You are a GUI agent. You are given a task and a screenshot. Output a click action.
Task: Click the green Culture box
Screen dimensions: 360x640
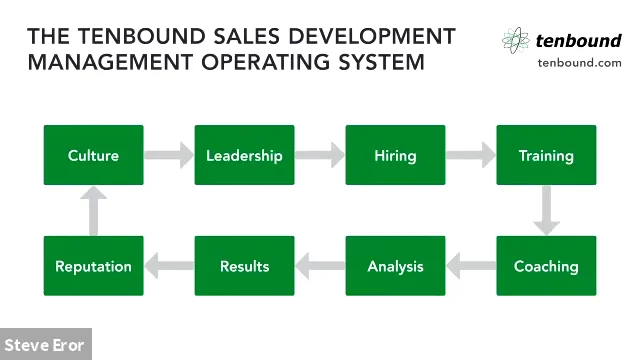[x=94, y=155]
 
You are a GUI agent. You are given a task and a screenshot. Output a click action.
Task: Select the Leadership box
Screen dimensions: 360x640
[x=244, y=155]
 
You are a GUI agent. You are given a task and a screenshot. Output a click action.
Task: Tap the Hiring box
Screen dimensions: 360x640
[x=395, y=155]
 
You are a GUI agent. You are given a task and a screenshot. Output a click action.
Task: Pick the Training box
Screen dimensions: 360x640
[x=546, y=155]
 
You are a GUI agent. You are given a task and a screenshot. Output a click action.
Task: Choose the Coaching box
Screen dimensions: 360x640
[x=546, y=266]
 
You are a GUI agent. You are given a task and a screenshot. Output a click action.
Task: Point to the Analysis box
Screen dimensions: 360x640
[x=395, y=266]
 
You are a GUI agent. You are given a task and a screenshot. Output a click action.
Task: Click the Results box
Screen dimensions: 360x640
[x=244, y=266]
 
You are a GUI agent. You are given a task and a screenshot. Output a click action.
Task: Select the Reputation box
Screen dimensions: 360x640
[x=94, y=266]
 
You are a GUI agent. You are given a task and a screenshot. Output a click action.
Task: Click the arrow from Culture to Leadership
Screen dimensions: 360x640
[x=169, y=155]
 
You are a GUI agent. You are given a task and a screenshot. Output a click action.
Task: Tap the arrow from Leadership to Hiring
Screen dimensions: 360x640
[x=320, y=155]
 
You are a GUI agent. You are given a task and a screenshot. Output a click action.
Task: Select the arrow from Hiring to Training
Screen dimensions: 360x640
[x=470, y=155]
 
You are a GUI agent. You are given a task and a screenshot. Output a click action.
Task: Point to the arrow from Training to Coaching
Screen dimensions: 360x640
[x=546, y=210]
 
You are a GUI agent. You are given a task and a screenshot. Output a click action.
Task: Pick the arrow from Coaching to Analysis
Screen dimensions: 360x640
[x=470, y=266]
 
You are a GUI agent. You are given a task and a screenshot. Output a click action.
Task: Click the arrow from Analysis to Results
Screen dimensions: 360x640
[x=320, y=266]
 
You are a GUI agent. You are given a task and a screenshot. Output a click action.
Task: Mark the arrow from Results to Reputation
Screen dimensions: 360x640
[x=169, y=266]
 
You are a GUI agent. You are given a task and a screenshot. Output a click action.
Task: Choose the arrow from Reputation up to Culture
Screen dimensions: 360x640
[x=94, y=210]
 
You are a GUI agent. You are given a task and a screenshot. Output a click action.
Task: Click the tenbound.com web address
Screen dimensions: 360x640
[x=579, y=62]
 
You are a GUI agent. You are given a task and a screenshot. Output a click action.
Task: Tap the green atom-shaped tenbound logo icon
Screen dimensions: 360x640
[x=516, y=40]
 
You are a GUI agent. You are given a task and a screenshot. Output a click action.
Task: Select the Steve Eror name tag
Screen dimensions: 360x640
[x=45, y=345]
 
